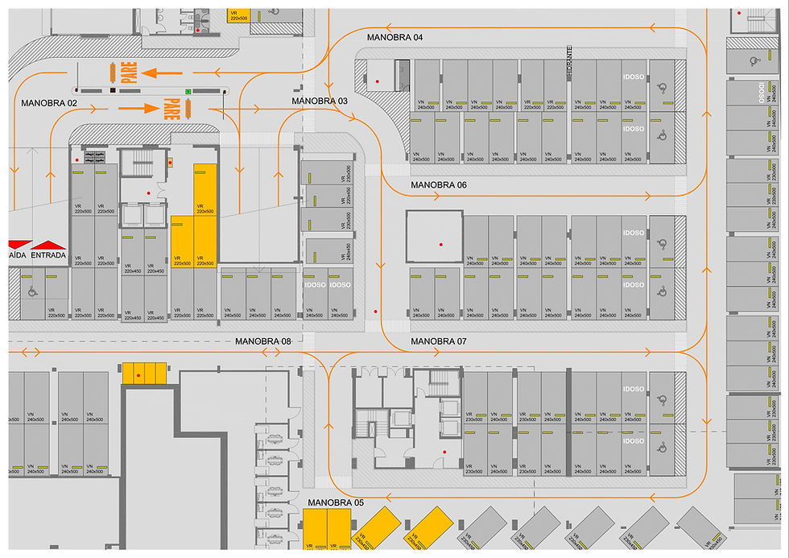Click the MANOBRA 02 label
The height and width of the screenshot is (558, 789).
click(49, 103)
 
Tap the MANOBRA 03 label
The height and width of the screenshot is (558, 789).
click(320, 101)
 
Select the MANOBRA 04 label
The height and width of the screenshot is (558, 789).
click(394, 38)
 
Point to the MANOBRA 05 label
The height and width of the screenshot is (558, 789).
click(336, 502)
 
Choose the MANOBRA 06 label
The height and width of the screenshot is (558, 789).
click(439, 184)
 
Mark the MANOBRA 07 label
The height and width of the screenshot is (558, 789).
click(439, 341)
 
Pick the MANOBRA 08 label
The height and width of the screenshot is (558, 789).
click(263, 341)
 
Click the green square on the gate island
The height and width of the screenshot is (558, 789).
click(188, 92)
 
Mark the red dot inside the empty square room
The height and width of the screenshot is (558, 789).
click(440, 243)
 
